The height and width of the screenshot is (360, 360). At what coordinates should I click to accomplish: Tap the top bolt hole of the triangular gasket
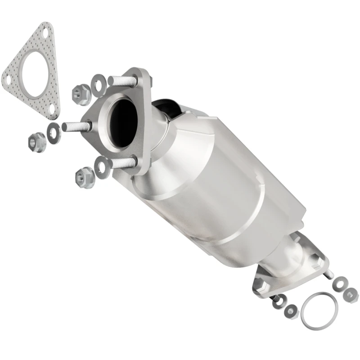tap(45, 32)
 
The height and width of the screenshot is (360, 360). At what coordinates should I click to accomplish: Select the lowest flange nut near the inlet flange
tap(83, 176)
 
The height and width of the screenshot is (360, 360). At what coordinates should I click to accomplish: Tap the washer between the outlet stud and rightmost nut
tap(339, 285)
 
